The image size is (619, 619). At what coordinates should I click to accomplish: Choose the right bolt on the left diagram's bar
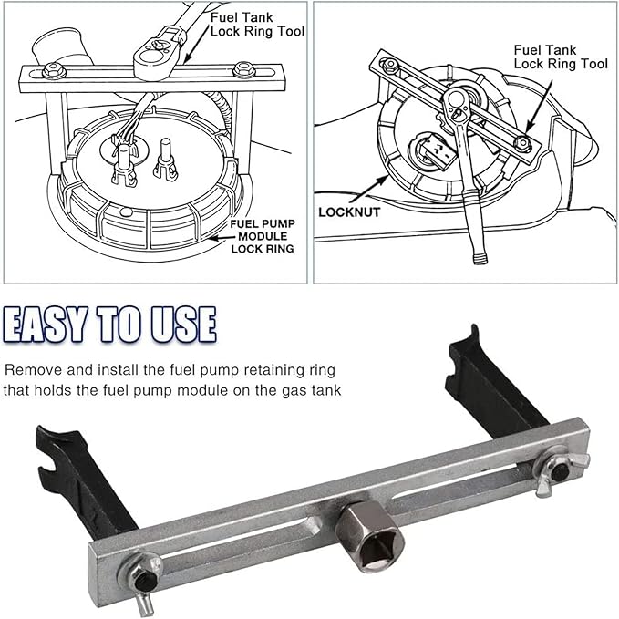242,68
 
